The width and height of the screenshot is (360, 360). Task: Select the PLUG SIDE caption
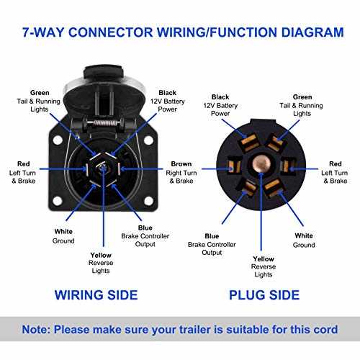[264, 294]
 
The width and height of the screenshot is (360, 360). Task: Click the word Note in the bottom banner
[42, 329]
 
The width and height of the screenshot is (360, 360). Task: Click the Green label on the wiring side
[40, 92]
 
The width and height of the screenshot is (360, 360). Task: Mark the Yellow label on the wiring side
[101, 255]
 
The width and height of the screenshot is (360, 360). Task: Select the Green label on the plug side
[302, 96]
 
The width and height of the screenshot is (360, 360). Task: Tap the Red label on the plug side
[336, 163]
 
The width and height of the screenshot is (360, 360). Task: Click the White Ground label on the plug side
[303, 235]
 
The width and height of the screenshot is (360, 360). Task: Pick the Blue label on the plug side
[212, 235]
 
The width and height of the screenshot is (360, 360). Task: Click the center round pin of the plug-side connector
[264, 165]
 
